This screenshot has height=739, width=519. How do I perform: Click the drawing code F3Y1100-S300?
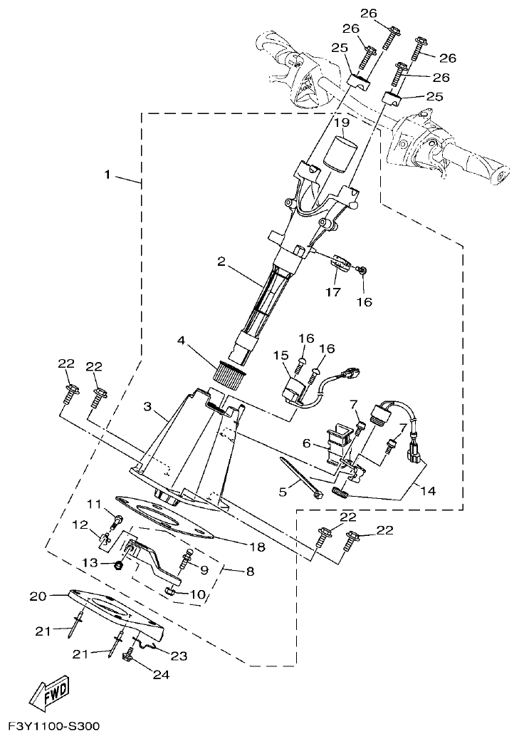tap(54, 727)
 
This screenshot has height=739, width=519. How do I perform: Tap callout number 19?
tap(342, 123)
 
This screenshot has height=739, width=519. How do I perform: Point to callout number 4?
tap(182, 341)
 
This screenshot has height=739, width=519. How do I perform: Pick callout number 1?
tap(108, 175)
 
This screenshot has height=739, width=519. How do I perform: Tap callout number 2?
tap(221, 262)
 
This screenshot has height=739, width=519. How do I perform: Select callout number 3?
tap(147, 406)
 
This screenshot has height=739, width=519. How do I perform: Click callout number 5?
tap(283, 491)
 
